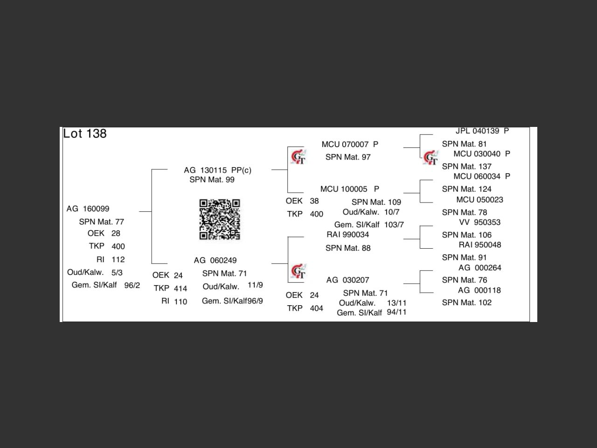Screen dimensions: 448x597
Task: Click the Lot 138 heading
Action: point(85,134)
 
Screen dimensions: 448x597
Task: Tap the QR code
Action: point(220,219)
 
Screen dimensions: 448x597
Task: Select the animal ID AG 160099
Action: point(88,209)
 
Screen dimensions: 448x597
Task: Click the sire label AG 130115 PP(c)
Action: point(217,170)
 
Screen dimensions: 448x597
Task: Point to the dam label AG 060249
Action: point(215,260)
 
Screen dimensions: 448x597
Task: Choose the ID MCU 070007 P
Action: point(350,145)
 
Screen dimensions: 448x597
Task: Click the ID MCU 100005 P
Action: point(349,189)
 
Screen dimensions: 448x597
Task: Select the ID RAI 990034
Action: point(347,235)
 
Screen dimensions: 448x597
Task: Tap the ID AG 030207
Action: point(347,280)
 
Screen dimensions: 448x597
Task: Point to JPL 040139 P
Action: point(482,131)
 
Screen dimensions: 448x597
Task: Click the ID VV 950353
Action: point(479,223)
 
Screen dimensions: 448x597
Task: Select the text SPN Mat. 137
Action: point(466,167)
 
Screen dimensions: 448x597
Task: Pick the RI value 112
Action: point(118,259)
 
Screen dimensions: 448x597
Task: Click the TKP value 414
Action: point(180,288)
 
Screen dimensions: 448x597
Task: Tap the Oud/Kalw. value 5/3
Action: point(117,273)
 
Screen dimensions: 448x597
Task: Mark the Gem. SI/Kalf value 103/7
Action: point(394,225)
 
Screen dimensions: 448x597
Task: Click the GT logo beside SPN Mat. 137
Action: point(430,158)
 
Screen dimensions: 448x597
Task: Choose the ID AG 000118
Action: point(479,290)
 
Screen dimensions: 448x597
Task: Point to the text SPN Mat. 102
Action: point(466,303)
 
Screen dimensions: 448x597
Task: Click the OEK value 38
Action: point(314,201)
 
